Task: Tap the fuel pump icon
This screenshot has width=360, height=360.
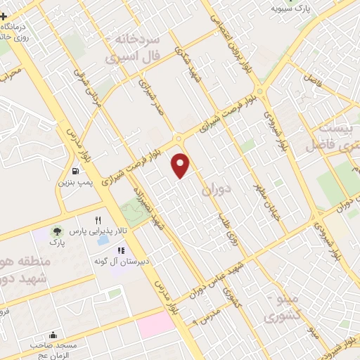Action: (75, 170)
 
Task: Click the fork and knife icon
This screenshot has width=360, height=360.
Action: (108, 219)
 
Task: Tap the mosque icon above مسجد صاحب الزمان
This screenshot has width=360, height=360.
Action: (53, 335)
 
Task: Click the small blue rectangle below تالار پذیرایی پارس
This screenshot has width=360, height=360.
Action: (103, 240)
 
